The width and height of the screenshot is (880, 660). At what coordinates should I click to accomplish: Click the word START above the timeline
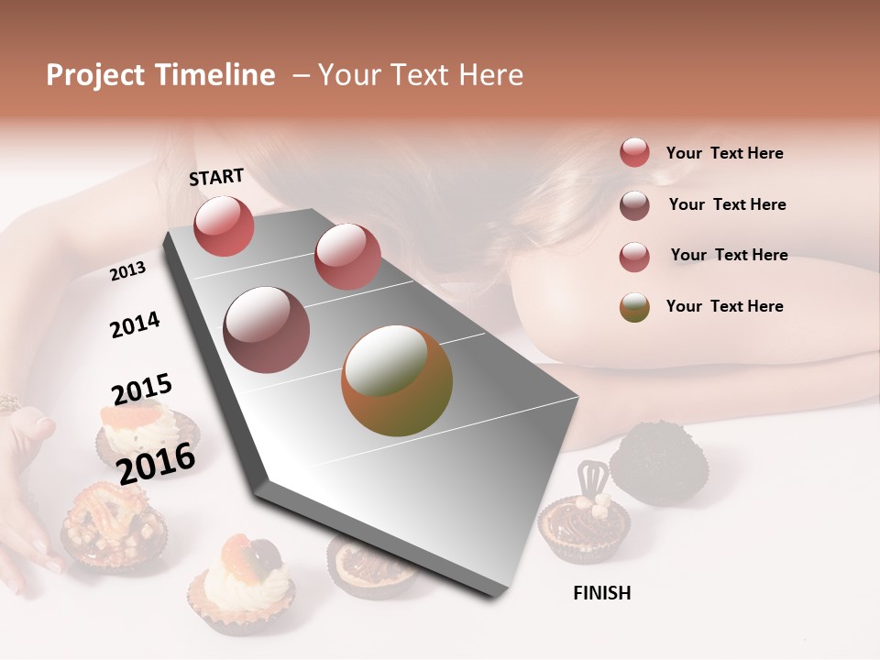pyautogui.click(x=216, y=177)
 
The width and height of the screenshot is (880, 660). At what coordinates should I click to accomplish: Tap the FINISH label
pyautogui.click(x=601, y=593)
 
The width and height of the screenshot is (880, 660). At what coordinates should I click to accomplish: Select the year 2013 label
pyautogui.click(x=127, y=271)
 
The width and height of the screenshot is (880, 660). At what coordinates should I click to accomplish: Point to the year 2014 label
pyautogui.click(x=135, y=324)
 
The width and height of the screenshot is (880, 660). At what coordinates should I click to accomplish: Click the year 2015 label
pyautogui.click(x=142, y=390)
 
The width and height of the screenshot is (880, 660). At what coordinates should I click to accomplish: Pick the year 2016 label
pyautogui.click(x=156, y=463)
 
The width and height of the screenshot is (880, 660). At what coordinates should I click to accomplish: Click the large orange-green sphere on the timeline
pyautogui.click(x=397, y=380)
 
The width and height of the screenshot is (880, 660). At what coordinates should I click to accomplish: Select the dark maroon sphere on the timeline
pyautogui.click(x=266, y=330)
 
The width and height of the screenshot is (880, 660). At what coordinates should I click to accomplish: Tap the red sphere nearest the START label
pyautogui.click(x=224, y=225)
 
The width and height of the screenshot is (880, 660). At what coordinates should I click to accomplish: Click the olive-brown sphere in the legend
pyautogui.click(x=634, y=307)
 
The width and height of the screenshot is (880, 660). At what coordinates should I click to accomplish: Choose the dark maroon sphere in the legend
pyautogui.click(x=634, y=205)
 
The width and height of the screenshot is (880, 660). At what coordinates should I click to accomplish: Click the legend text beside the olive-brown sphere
pyautogui.click(x=724, y=306)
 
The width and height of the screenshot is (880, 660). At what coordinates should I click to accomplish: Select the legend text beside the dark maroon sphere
pyautogui.click(x=727, y=204)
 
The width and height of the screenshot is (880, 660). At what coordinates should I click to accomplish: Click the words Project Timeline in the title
pyautogui.click(x=160, y=75)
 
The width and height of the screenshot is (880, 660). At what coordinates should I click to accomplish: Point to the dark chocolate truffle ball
pyautogui.click(x=656, y=463)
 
